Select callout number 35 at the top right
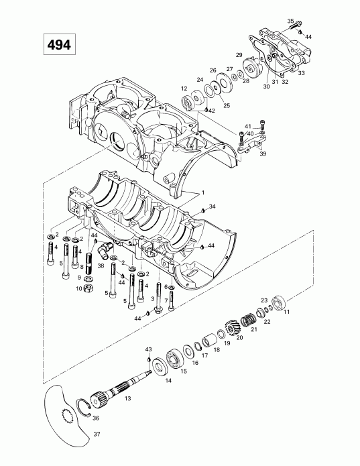click(x=291, y=21)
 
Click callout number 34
click(x=213, y=206)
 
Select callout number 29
click(x=239, y=54)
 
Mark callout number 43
click(x=149, y=349)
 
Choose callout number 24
click(x=200, y=80)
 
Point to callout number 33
click(x=302, y=73)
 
